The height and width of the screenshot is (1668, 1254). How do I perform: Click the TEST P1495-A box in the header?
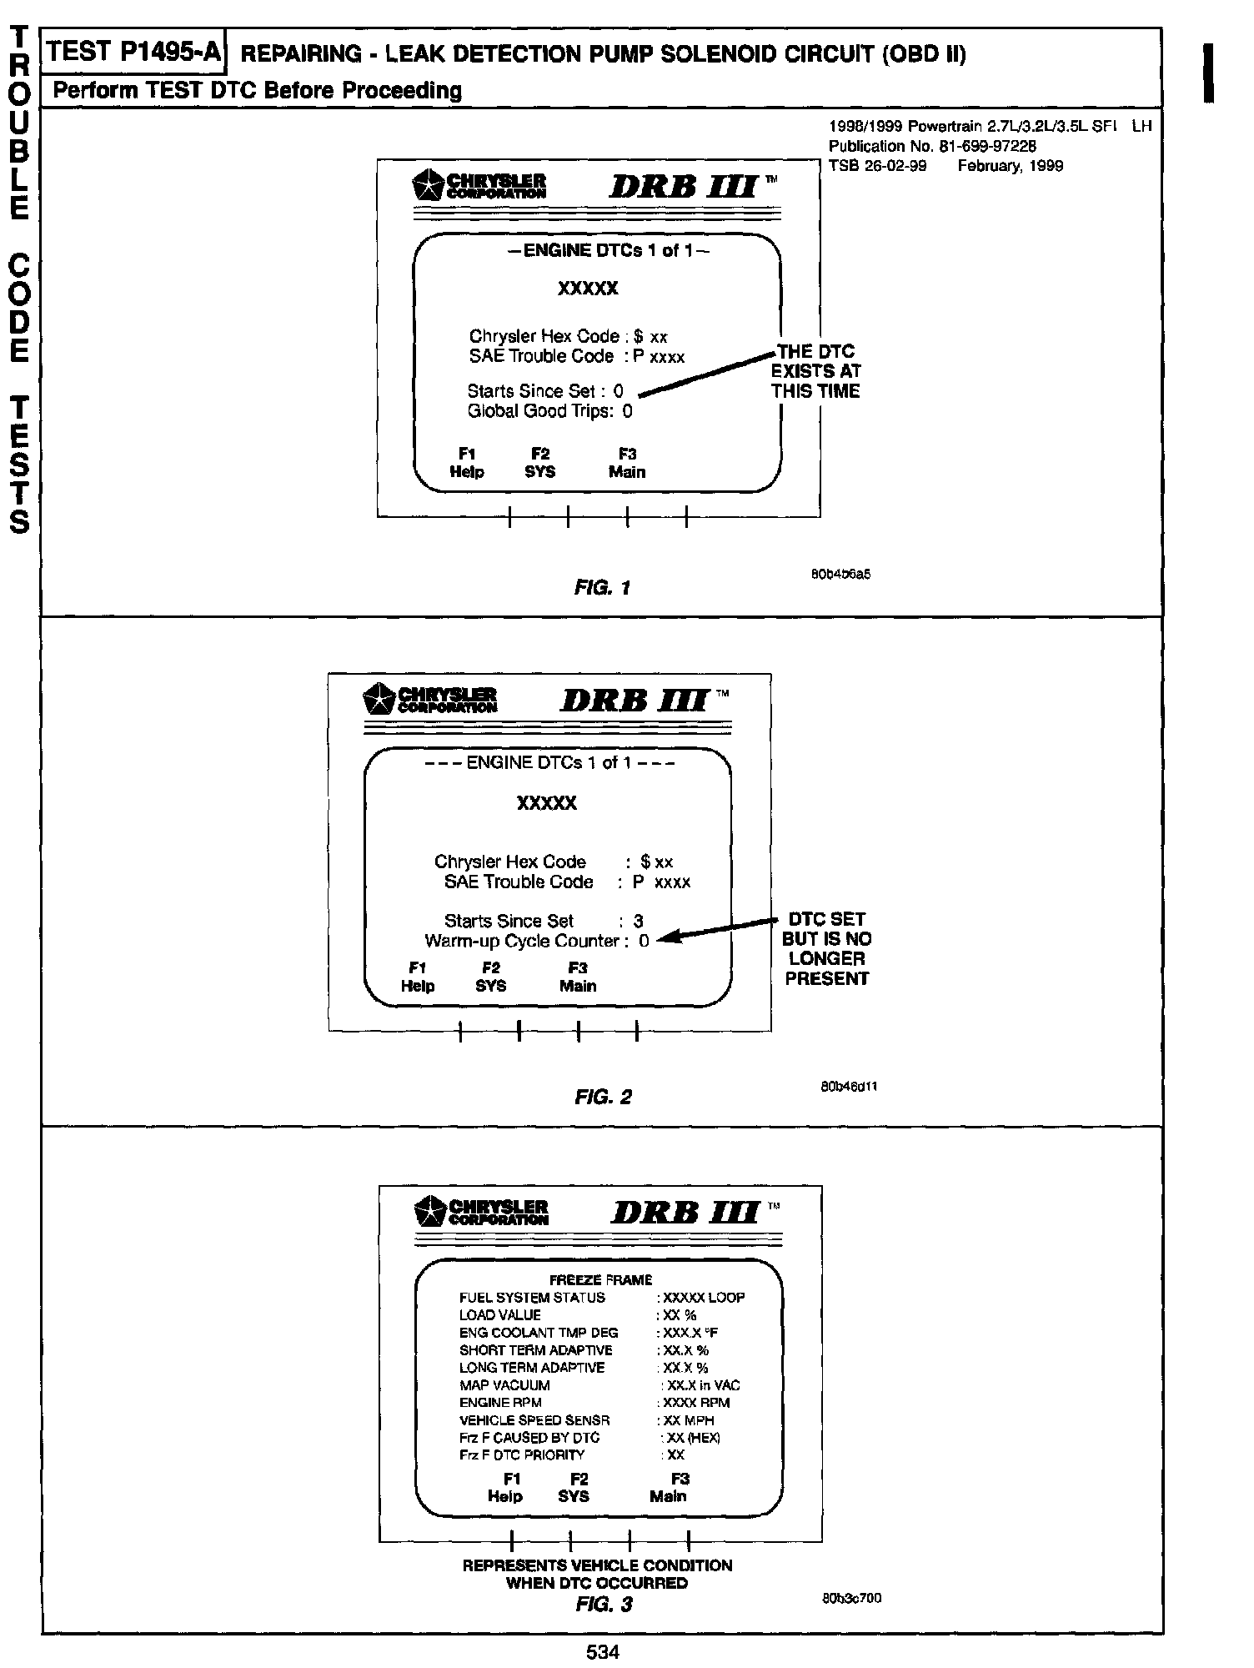click(134, 53)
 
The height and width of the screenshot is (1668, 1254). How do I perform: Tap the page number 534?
click(602, 1650)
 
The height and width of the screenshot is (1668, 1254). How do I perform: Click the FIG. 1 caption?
click(602, 587)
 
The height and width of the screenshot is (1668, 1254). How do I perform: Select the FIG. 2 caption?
click(603, 1097)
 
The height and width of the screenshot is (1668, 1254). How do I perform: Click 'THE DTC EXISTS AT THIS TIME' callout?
click(815, 371)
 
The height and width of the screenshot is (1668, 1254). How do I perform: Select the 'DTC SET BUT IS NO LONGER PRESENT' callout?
click(826, 948)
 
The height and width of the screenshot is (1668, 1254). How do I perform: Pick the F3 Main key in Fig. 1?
click(627, 463)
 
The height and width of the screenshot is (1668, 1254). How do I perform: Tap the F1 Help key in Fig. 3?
click(505, 1487)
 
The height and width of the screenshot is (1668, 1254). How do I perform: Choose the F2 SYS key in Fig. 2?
click(490, 977)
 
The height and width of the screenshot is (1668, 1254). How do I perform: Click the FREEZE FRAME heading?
click(600, 1279)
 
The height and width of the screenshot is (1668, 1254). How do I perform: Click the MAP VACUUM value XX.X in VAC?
click(700, 1384)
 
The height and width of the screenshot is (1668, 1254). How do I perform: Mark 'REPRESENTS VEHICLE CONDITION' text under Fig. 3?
click(597, 1565)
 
